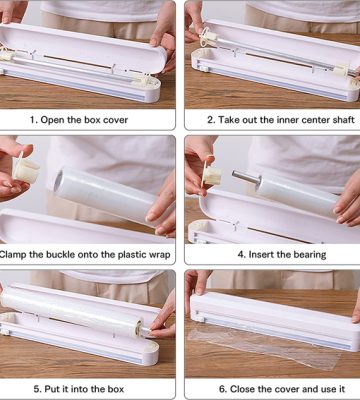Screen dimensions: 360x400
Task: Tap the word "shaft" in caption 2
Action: coord(344,120)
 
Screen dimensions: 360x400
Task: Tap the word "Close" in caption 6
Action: coord(242,389)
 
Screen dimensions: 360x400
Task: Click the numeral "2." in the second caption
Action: coord(211,120)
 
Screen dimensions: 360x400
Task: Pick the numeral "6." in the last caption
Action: coord(223,389)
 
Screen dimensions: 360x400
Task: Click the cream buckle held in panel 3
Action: coord(25,170)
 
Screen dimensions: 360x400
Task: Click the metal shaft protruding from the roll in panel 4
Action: coord(246,177)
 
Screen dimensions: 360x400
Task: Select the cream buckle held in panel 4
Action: coord(211,175)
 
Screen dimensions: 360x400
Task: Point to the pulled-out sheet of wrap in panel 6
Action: coord(267,347)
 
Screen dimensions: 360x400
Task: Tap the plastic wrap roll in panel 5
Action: coord(72,312)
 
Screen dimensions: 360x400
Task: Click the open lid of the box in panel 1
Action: coord(82,48)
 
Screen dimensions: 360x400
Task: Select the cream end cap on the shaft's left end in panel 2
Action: coord(209,37)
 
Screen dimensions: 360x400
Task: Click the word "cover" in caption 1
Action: coord(115,120)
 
